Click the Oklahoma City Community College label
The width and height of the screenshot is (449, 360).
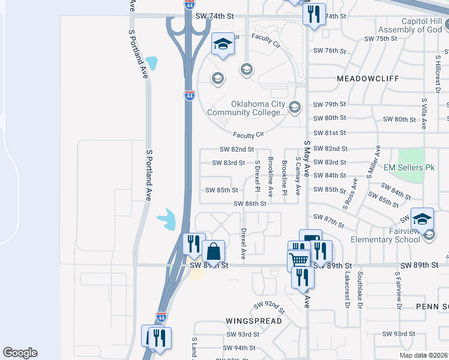tap(246, 108)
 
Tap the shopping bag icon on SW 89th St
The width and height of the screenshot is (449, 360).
tap(213, 251)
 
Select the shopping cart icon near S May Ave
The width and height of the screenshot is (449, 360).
tap(298, 260)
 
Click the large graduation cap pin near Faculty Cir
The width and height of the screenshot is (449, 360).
tap(223, 44)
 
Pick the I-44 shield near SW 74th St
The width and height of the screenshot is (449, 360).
tap(189, 5)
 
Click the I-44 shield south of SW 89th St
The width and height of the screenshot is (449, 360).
tap(161, 316)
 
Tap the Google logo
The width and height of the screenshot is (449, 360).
tap(20, 353)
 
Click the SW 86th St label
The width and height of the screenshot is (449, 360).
tap(250, 203)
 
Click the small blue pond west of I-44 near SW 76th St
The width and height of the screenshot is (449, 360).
tap(152, 62)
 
